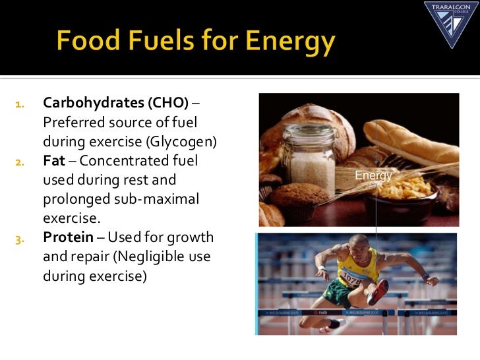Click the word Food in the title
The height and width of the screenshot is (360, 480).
[x=86, y=43]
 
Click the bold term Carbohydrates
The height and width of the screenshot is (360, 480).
[x=94, y=104]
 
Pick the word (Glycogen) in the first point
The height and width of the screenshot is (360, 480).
[x=185, y=142]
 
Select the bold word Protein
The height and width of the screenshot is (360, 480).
[x=68, y=237]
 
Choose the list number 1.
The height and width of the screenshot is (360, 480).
[x=19, y=104]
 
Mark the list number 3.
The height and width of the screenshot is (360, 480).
[x=19, y=238]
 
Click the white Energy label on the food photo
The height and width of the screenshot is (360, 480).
[x=374, y=176]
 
